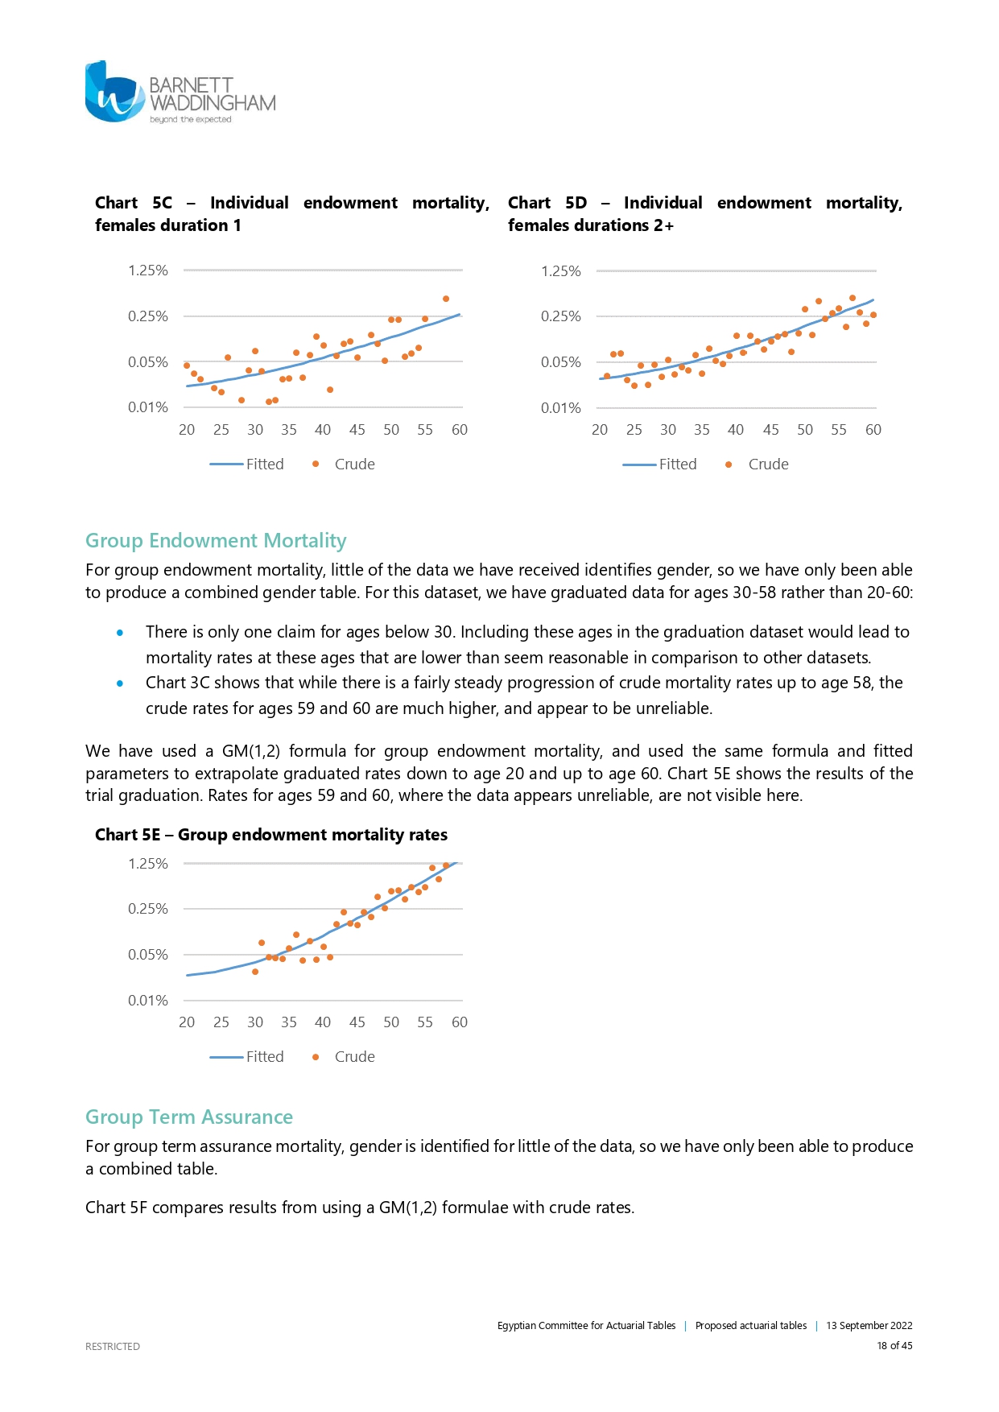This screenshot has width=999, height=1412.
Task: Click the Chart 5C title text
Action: [291, 214]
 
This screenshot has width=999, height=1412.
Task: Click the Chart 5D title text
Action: [704, 214]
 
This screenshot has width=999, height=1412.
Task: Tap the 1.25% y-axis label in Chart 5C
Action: [148, 270]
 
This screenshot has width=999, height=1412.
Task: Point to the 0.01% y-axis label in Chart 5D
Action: [560, 408]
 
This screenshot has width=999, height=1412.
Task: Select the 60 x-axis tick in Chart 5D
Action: [873, 430]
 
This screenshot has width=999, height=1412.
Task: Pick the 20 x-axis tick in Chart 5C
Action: [187, 430]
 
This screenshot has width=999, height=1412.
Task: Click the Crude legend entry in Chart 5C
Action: [344, 464]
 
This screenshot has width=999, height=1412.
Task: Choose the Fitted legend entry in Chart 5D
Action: [660, 464]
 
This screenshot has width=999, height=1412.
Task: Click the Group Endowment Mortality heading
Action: [216, 541]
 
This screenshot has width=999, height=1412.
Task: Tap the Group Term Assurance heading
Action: [189, 1117]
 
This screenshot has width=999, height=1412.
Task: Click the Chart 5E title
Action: [271, 835]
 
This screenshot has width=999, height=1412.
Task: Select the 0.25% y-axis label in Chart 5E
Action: [148, 909]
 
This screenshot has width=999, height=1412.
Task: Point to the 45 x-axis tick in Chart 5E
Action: [357, 1022]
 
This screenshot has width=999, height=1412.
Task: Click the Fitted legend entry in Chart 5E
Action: [247, 1057]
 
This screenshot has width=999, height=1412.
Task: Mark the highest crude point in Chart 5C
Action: [446, 299]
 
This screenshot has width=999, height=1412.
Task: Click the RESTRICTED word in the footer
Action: [113, 1347]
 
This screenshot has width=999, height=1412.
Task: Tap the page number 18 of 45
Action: [894, 1346]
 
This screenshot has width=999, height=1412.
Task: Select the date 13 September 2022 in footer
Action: [869, 1326]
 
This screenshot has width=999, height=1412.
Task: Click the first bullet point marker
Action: [120, 633]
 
